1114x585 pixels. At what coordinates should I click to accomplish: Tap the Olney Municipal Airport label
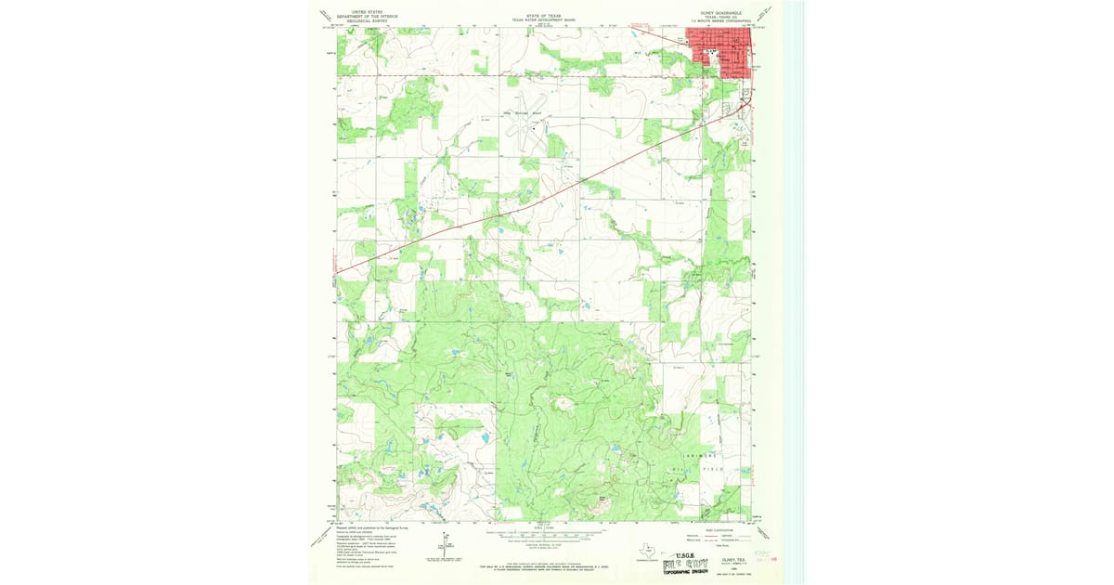point(522,112)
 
